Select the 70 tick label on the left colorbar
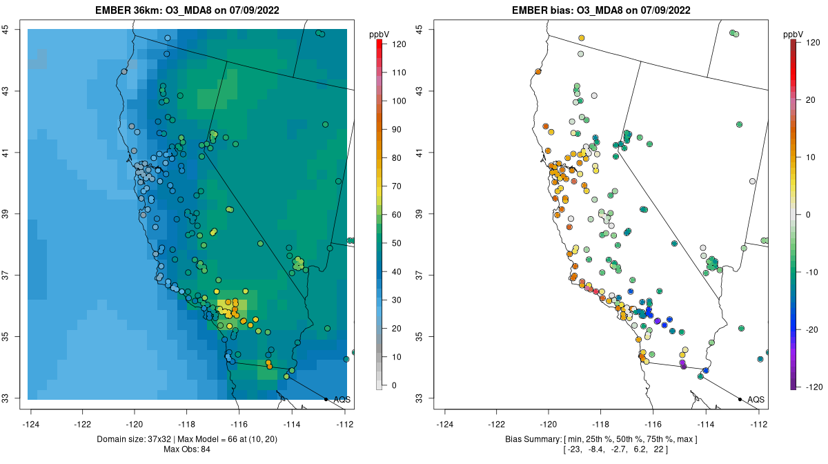coord(398,186)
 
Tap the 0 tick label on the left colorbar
coord(395,385)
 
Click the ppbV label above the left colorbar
coord(380,34)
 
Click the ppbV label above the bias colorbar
coord(794,34)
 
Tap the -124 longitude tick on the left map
coord(31,423)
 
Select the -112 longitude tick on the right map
coord(759,423)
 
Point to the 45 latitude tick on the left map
coord(5,29)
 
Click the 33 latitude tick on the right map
coord(419,398)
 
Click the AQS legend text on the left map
coord(342,399)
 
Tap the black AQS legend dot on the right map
coord(740,399)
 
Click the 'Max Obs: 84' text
coord(188,449)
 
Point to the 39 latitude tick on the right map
coord(419,214)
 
